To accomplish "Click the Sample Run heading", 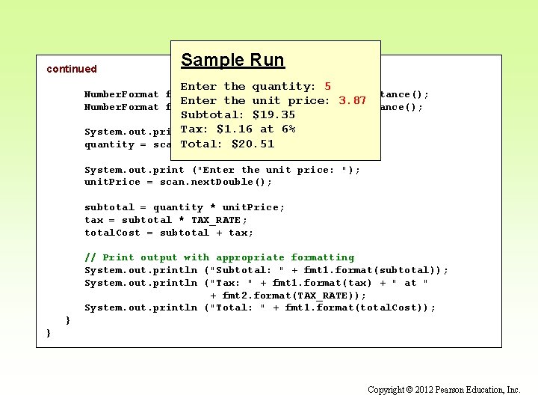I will pos(232,60).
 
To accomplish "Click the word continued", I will pos(72,69).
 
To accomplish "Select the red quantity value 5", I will pos(327,87).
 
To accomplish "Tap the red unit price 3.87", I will pos(352,101).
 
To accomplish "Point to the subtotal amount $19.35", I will pos(273,115).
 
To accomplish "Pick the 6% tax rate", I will pos(287,129).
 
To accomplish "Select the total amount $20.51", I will pos(253,144).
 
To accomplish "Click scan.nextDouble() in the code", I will pos(215,183).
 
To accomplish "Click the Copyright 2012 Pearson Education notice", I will pos(444,390).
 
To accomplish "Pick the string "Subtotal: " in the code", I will pos(247,270).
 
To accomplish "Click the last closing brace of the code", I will pos(49,333).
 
